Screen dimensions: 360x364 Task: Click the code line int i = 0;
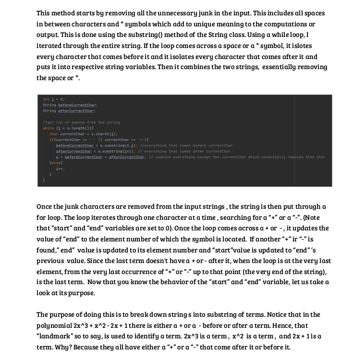click(50, 99)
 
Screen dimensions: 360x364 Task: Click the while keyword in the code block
click(48, 129)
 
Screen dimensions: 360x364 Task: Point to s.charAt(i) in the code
click(105, 134)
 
